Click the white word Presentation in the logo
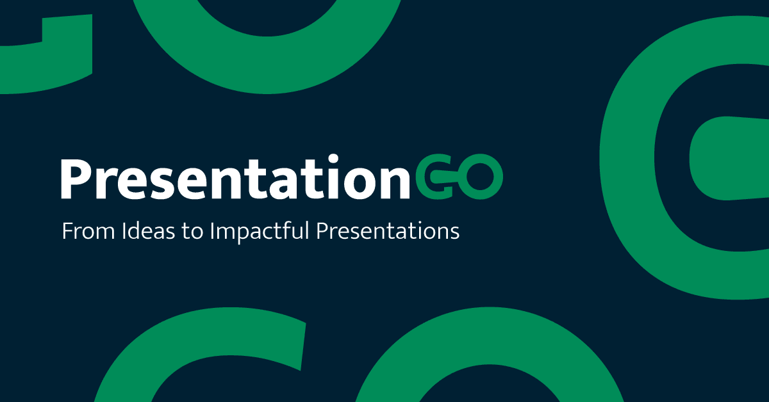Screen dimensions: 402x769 click(235, 179)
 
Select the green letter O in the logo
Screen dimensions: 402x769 click(481, 180)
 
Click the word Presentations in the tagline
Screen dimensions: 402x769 click(388, 232)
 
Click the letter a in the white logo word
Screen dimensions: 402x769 click(275, 182)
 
